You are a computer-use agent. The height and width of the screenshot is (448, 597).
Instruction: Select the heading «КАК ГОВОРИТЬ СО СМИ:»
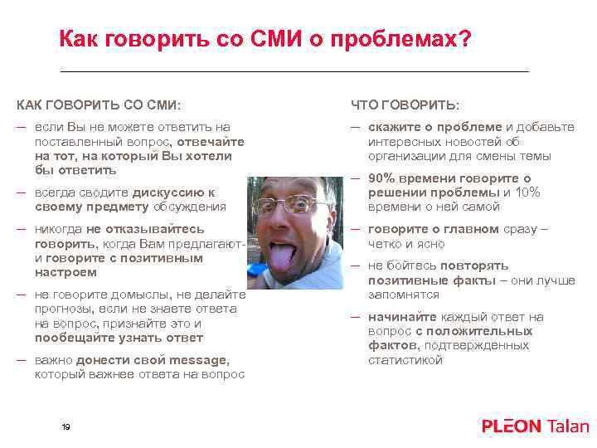[x=99, y=105]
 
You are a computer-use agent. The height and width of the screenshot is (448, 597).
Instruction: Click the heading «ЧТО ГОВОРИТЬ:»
[x=405, y=105]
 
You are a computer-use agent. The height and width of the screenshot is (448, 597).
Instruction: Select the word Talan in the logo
[x=568, y=426]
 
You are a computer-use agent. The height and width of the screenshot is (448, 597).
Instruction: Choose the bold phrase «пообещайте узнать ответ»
[x=119, y=338]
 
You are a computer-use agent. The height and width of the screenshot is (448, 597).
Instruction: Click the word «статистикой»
[x=405, y=360]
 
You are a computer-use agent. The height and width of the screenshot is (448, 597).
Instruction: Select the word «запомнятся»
[x=404, y=295]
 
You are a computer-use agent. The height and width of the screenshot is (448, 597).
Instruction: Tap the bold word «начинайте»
[x=405, y=317]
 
